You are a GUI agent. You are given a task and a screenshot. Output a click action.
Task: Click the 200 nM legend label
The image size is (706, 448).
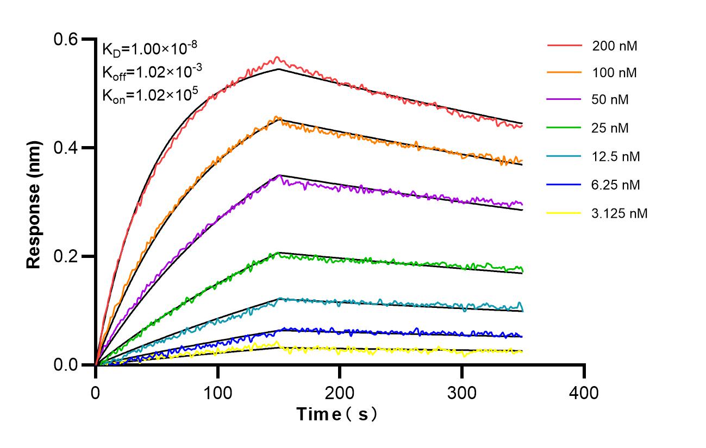pos(615,46)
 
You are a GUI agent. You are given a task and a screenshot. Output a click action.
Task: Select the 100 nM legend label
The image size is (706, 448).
pos(615,72)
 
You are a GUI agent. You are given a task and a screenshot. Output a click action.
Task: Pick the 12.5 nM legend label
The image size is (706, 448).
pos(616,157)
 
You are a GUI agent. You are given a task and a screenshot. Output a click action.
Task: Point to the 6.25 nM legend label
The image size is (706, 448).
pos(616,185)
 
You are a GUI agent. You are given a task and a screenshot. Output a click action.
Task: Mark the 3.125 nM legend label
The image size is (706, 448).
pos(619,213)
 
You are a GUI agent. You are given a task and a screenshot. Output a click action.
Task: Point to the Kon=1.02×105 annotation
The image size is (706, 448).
pos(150,96)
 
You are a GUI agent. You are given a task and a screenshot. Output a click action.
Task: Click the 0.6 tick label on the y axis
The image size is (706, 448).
pos(66,40)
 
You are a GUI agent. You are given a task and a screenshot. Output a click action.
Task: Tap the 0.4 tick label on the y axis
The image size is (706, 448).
pos(66,148)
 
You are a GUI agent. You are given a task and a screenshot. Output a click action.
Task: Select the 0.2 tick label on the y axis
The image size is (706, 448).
pos(66,256)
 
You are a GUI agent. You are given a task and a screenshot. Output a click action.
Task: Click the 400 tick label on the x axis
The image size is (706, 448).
pos(584,392)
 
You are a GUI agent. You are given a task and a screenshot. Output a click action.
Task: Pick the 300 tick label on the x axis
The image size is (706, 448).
pos(462,392)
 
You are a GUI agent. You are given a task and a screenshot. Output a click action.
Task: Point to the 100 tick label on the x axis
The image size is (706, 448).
pos(218,392)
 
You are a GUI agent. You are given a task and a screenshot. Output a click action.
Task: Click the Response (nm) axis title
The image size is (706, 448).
pos(34,202)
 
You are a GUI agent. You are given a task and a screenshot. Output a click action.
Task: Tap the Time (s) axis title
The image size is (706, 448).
pos(337,414)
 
